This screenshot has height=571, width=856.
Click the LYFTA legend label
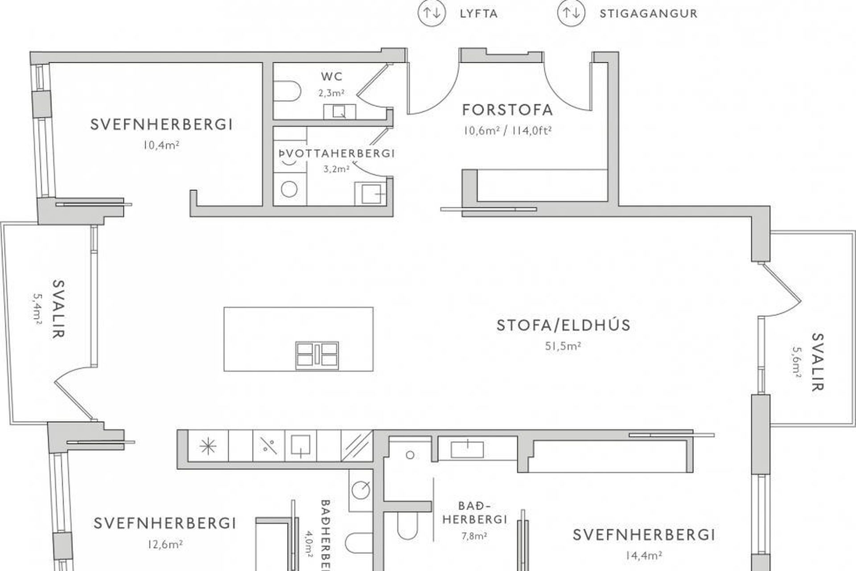tap(479, 13)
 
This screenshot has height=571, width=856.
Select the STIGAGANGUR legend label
tap(649, 13)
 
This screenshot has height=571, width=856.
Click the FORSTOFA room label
tap(507, 110)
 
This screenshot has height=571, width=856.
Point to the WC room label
tap(332, 77)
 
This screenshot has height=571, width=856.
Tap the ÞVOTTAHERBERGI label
tap(337, 153)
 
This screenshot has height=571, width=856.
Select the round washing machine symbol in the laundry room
tap(289, 189)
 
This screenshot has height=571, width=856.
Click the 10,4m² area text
tap(161, 145)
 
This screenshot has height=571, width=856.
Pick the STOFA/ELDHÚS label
tap(564, 325)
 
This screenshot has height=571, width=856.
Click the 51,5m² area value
tap(563, 346)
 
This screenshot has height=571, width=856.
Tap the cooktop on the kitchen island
tap(317, 356)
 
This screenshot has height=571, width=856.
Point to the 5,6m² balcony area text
tap(797, 363)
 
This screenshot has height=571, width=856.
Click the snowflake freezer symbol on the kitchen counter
tap(208, 446)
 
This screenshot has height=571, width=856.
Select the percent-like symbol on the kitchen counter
tap(268, 446)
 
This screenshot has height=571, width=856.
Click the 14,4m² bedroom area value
tap(643, 555)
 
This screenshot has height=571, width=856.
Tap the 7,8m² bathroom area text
tap(474, 536)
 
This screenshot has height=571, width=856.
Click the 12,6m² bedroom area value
tap(165, 545)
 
